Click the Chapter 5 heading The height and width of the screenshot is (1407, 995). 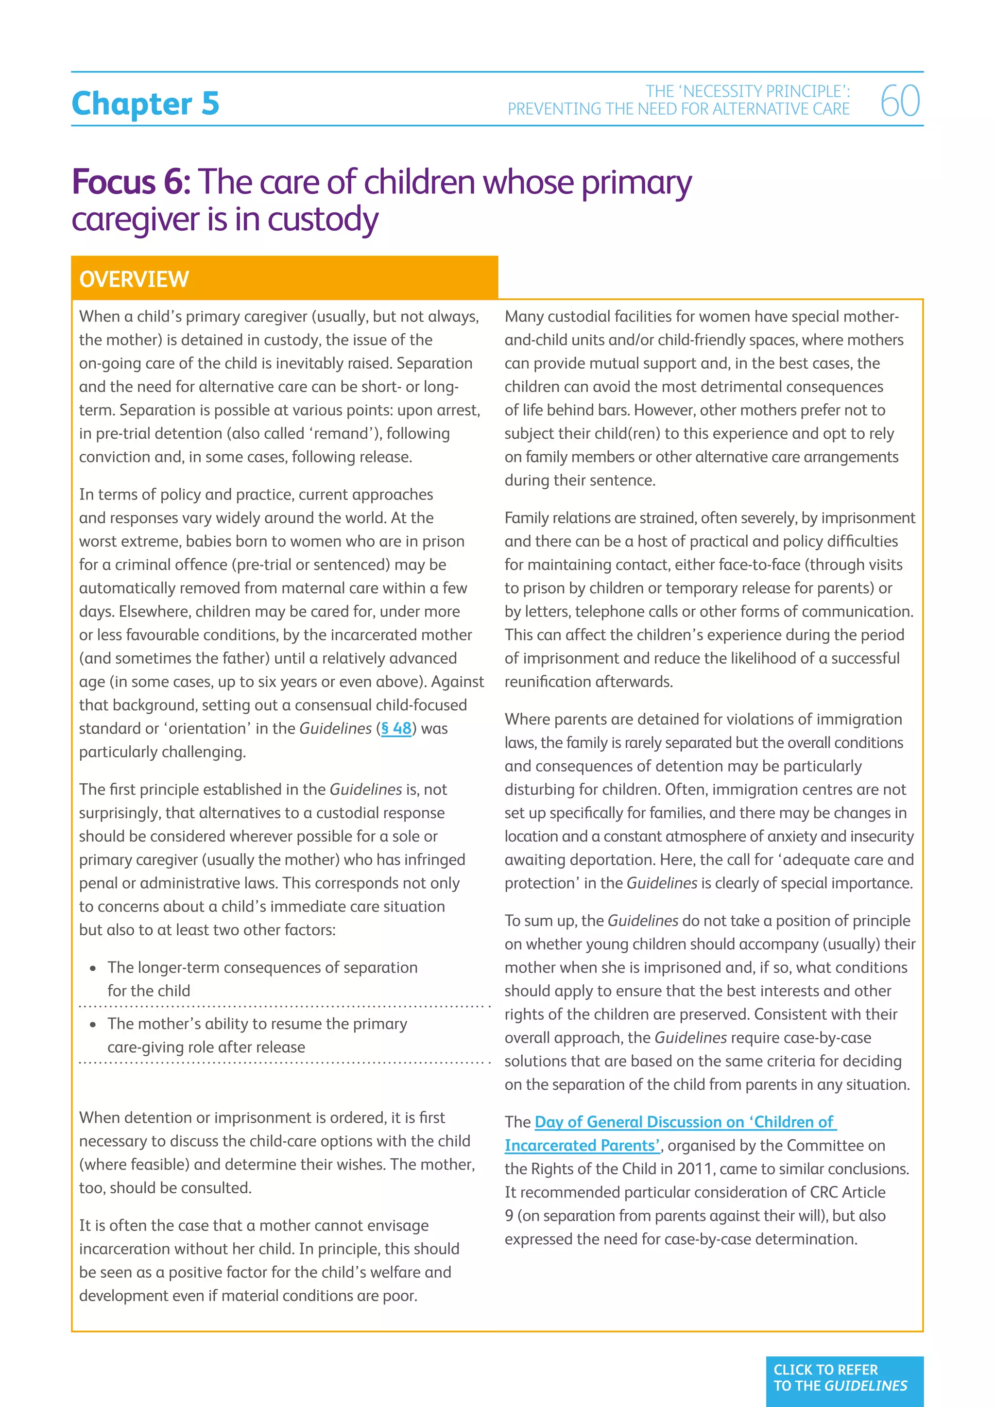point(145,103)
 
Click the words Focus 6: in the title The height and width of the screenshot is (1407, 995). point(132,183)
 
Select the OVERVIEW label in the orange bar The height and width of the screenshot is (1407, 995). point(134,279)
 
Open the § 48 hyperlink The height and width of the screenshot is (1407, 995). point(396,729)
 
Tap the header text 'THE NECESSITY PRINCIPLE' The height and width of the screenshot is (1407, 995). point(748,91)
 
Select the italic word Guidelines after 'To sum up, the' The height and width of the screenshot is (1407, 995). point(643,921)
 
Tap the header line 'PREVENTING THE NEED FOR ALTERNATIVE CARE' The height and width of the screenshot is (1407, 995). point(678,109)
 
